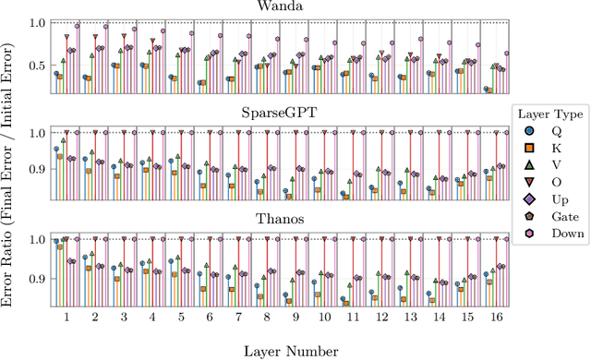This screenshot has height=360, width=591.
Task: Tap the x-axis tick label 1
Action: pyautogui.click(x=66, y=317)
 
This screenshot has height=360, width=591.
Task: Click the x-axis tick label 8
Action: pyautogui.click(x=266, y=317)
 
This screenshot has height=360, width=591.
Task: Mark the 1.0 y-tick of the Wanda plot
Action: pyautogui.click(x=37, y=22)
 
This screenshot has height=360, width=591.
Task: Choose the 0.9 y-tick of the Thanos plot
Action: pyautogui.click(x=37, y=279)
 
